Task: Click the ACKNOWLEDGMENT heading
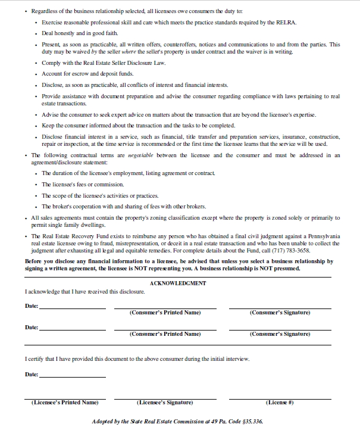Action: tap(178, 283)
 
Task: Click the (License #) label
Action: tap(279, 403)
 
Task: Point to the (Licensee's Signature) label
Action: tap(164, 403)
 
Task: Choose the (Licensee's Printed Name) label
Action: tap(64, 403)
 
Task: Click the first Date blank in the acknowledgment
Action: tap(72, 308)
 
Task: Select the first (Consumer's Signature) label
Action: tap(280, 313)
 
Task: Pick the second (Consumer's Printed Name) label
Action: tap(165, 334)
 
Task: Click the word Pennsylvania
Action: tap(320, 236)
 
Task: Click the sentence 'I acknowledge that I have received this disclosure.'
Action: tap(84, 292)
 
